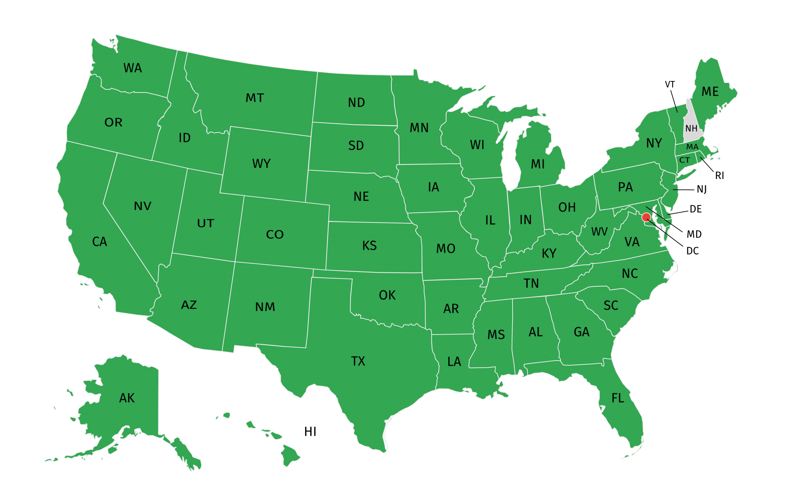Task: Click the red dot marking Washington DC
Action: (x=646, y=217)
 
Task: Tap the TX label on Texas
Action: (x=358, y=361)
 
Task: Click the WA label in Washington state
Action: (x=133, y=68)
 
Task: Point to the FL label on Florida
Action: (x=618, y=398)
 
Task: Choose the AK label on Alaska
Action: (x=127, y=398)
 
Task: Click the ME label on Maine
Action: (x=710, y=92)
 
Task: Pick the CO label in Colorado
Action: (x=275, y=235)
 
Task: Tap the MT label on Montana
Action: (x=255, y=98)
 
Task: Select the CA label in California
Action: (x=100, y=242)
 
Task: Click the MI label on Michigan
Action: (x=538, y=164)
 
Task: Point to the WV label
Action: (x=599, y=232)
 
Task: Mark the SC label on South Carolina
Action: (x=611, y=305)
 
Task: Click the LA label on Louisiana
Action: (x=454, y=362)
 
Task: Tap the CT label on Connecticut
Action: (x=685, y=160)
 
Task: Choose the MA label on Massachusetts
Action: (x=692, y=147)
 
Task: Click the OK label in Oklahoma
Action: (x=387, y=295)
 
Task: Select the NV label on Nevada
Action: (x=142, y=206)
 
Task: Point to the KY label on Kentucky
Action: (x=549, y=253)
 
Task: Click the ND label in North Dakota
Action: (x=356, y=102)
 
